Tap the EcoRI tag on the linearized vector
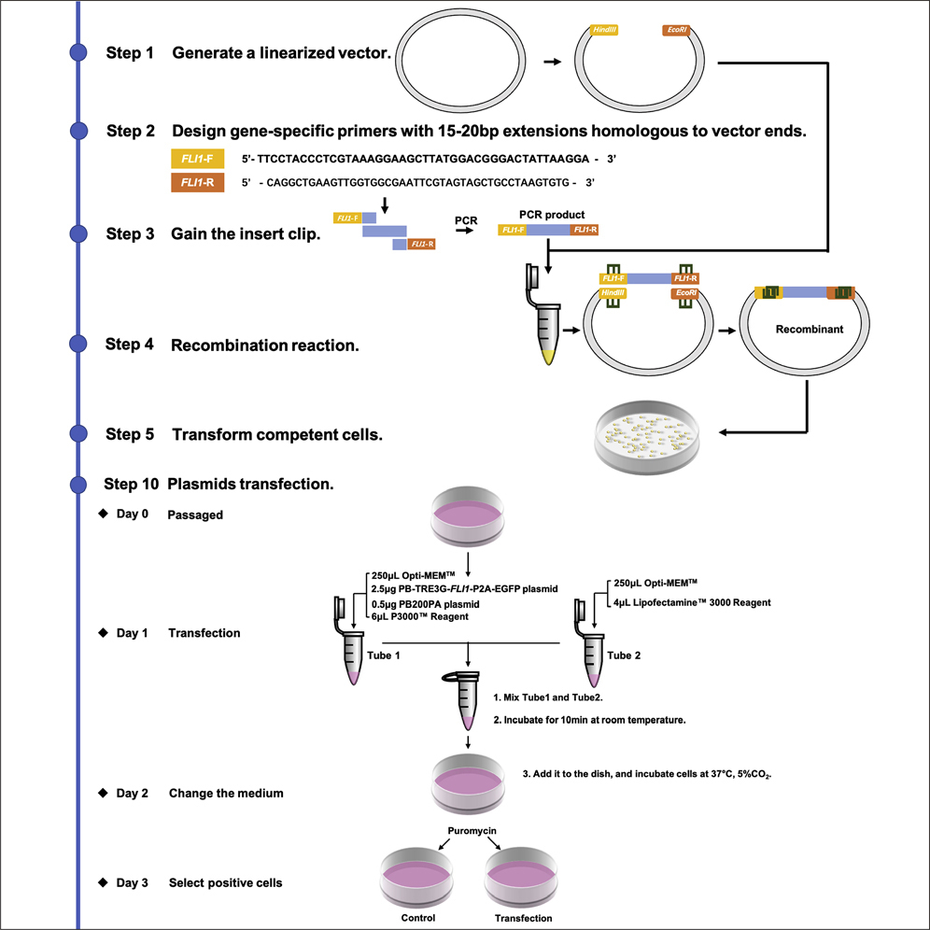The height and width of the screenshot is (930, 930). click(676, 31)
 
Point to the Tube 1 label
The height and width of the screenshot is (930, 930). click(385, 655)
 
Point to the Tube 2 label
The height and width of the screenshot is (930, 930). click(625, 655)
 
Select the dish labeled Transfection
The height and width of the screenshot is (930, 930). click(523, 878)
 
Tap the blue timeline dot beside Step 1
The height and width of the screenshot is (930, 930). click(78, 53)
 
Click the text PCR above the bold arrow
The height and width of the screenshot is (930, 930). click(466, 220)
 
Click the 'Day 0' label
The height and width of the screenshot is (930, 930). click(132, 514)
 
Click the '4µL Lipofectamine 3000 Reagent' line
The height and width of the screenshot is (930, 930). click(693, 602)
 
